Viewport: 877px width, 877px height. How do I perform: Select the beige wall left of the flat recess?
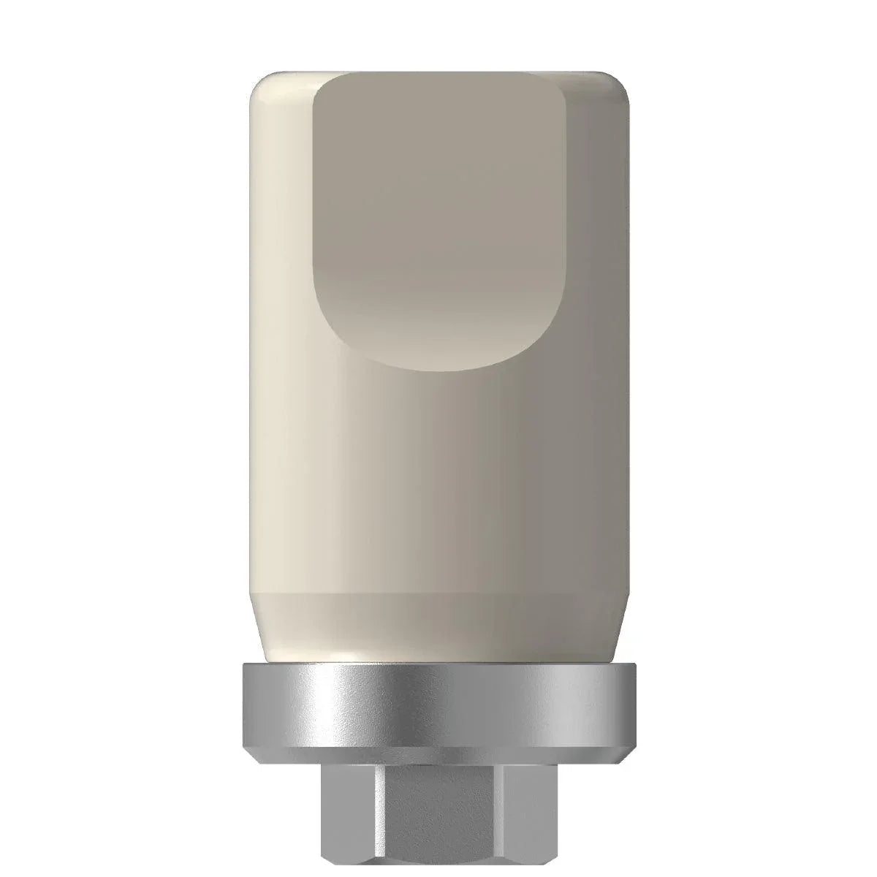click(x=281, y=256)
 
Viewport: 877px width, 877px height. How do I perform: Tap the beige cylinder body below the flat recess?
click(x=438, y=497)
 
